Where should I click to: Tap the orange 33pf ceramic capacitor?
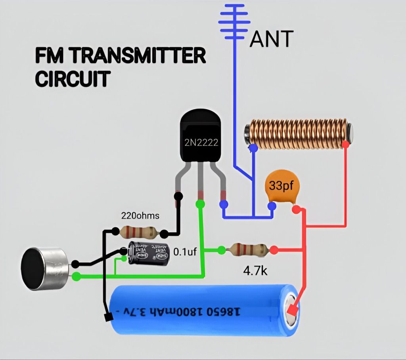(x=282, y=186)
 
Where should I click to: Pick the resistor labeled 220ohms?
(x=137, y=231)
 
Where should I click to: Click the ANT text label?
(x=272, y=39)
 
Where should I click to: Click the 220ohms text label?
(x=140, y=216)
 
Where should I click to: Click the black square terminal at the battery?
(x=107, y=317)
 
